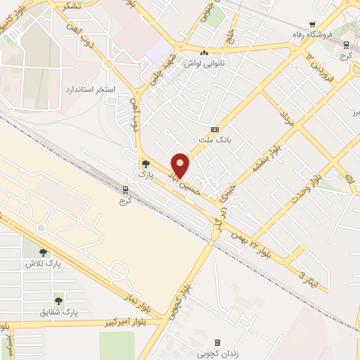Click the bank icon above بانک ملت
pyautogui.click(x=214, y=129)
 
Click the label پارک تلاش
pyautogui.click(x=41, y=264)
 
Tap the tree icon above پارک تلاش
pyautogui.click(x=44, y=253)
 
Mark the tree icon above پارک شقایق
pyautogui.click(x=59, y=301)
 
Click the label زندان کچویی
pyautogui.click(x=214, y=353)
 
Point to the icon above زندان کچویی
pyautogui.click(x=217, y=342)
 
